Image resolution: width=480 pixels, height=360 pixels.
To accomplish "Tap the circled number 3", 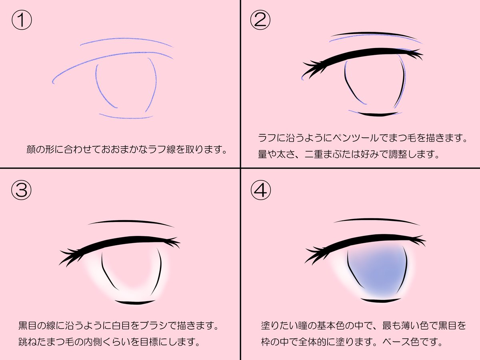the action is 20,191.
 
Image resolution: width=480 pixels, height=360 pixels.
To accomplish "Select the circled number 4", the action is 260,191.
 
